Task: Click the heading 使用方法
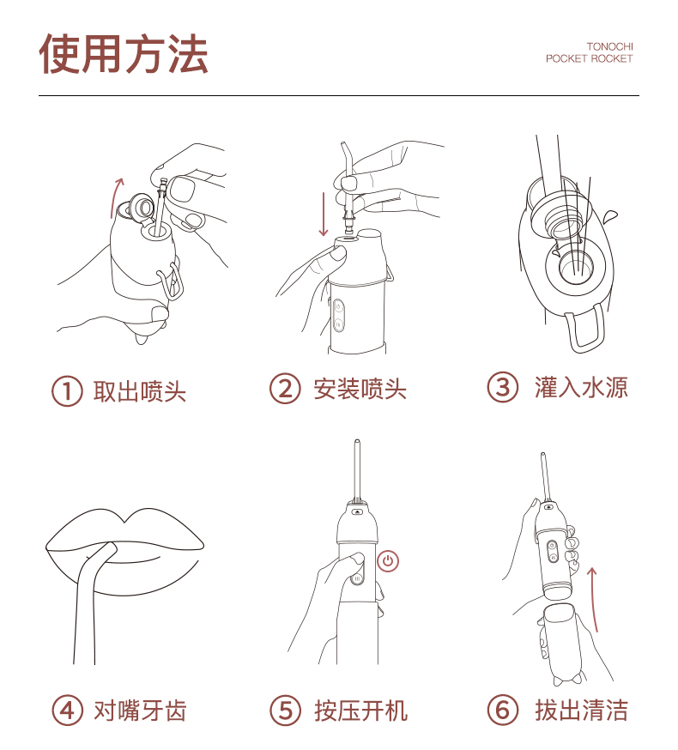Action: [124, 54]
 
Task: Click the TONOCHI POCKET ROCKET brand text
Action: [590, 52]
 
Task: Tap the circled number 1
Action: [67, 391]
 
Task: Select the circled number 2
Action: [285, 389]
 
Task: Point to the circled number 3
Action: [502, 387]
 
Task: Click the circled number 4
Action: [67, 711]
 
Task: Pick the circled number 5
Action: [285, 711]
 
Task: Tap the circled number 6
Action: [502, 711]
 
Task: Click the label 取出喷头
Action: [139, 391]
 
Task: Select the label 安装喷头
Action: [360, 389]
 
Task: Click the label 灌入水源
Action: [581, 387]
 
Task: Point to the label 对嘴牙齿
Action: [140, 711]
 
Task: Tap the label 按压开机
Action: [360, 711]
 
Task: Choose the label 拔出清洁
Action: [581, 711]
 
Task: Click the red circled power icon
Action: [388, 561]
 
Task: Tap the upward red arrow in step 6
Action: [594, 599]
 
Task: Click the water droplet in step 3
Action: [610, 216]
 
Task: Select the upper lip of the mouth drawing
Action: [125, 532]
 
